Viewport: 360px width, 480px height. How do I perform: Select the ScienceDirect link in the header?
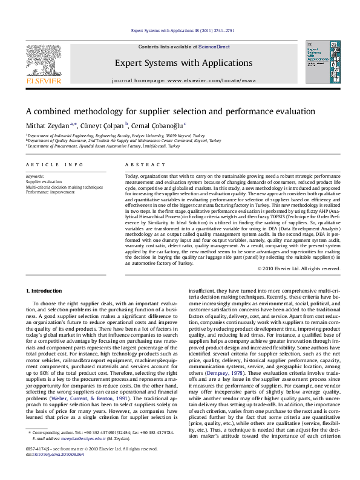pyautogui.click(x=214, y=47)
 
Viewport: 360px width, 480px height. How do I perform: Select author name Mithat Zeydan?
pyautogui.click(x=45, y=126)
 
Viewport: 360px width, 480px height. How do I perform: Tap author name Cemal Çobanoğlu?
pyautogui.click(x=156, y=126)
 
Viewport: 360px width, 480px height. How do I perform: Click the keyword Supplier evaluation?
pyautogui.click(x=44, y=181)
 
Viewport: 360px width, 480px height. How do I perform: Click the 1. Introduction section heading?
pyautogui.click(x=44, y=291)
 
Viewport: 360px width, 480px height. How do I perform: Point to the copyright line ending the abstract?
pyautogui.click(x=299, y=268)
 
